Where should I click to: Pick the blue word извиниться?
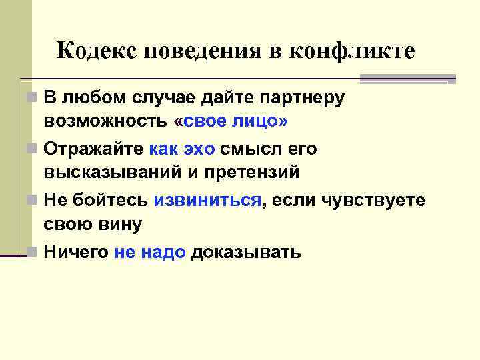(207, 201)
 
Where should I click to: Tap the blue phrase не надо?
(150, 253)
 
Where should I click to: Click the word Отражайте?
(93, 149)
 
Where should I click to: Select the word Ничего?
(76, 253)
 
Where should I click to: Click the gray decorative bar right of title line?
(407, 79)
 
